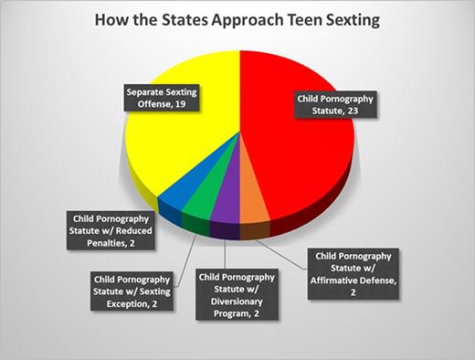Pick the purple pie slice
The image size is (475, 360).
pyautogui.click(x=223, y=220)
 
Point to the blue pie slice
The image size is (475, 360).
pyautogui.click(x=174, y=206)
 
